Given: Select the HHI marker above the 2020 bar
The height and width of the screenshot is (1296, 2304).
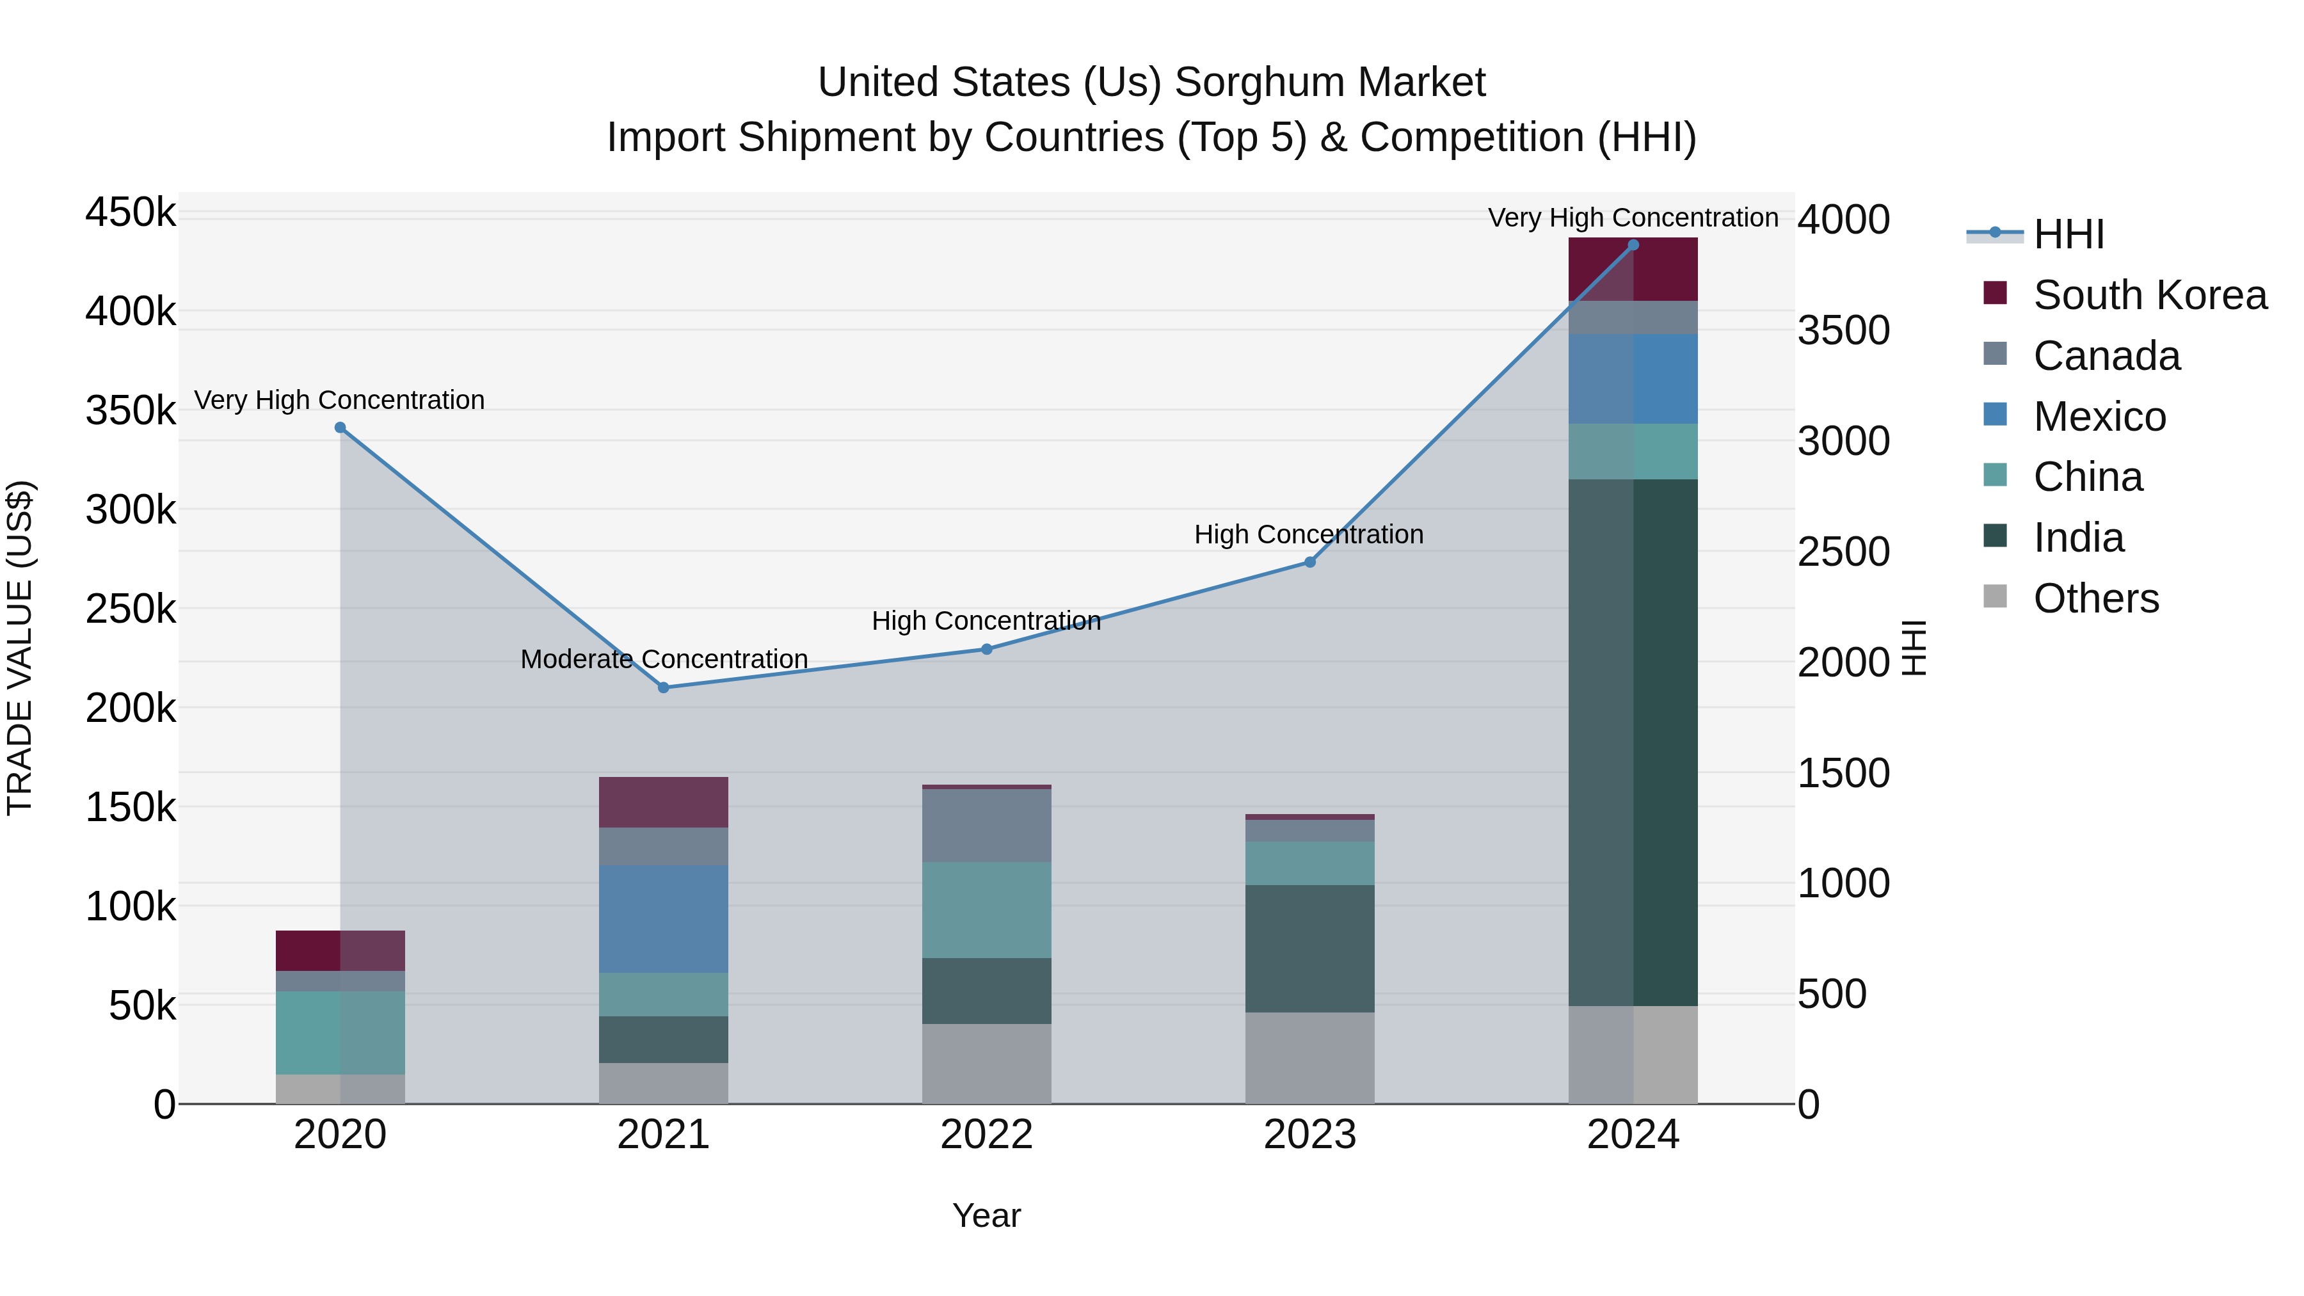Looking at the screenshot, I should (x=340, y=428).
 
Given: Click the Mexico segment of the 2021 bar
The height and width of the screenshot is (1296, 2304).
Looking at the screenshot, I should (x=664, y=918).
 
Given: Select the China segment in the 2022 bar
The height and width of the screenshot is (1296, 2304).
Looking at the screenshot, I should (x=986, y=909).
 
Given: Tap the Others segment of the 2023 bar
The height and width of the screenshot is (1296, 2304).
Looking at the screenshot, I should (x=1309, y=1057).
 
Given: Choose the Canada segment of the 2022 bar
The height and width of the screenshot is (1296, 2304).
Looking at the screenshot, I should (x=986, y=826).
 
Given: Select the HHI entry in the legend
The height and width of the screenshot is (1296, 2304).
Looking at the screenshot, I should (x=2068, y=234).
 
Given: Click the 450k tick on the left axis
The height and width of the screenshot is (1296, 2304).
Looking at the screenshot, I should (x=131, y=214).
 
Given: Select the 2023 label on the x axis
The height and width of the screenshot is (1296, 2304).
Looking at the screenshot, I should (x=1309, y=1135).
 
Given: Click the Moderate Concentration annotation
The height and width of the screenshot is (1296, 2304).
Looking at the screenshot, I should (x=664, y=659).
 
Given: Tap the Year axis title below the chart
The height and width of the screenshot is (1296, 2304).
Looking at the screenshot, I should (x=986, y=1215).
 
